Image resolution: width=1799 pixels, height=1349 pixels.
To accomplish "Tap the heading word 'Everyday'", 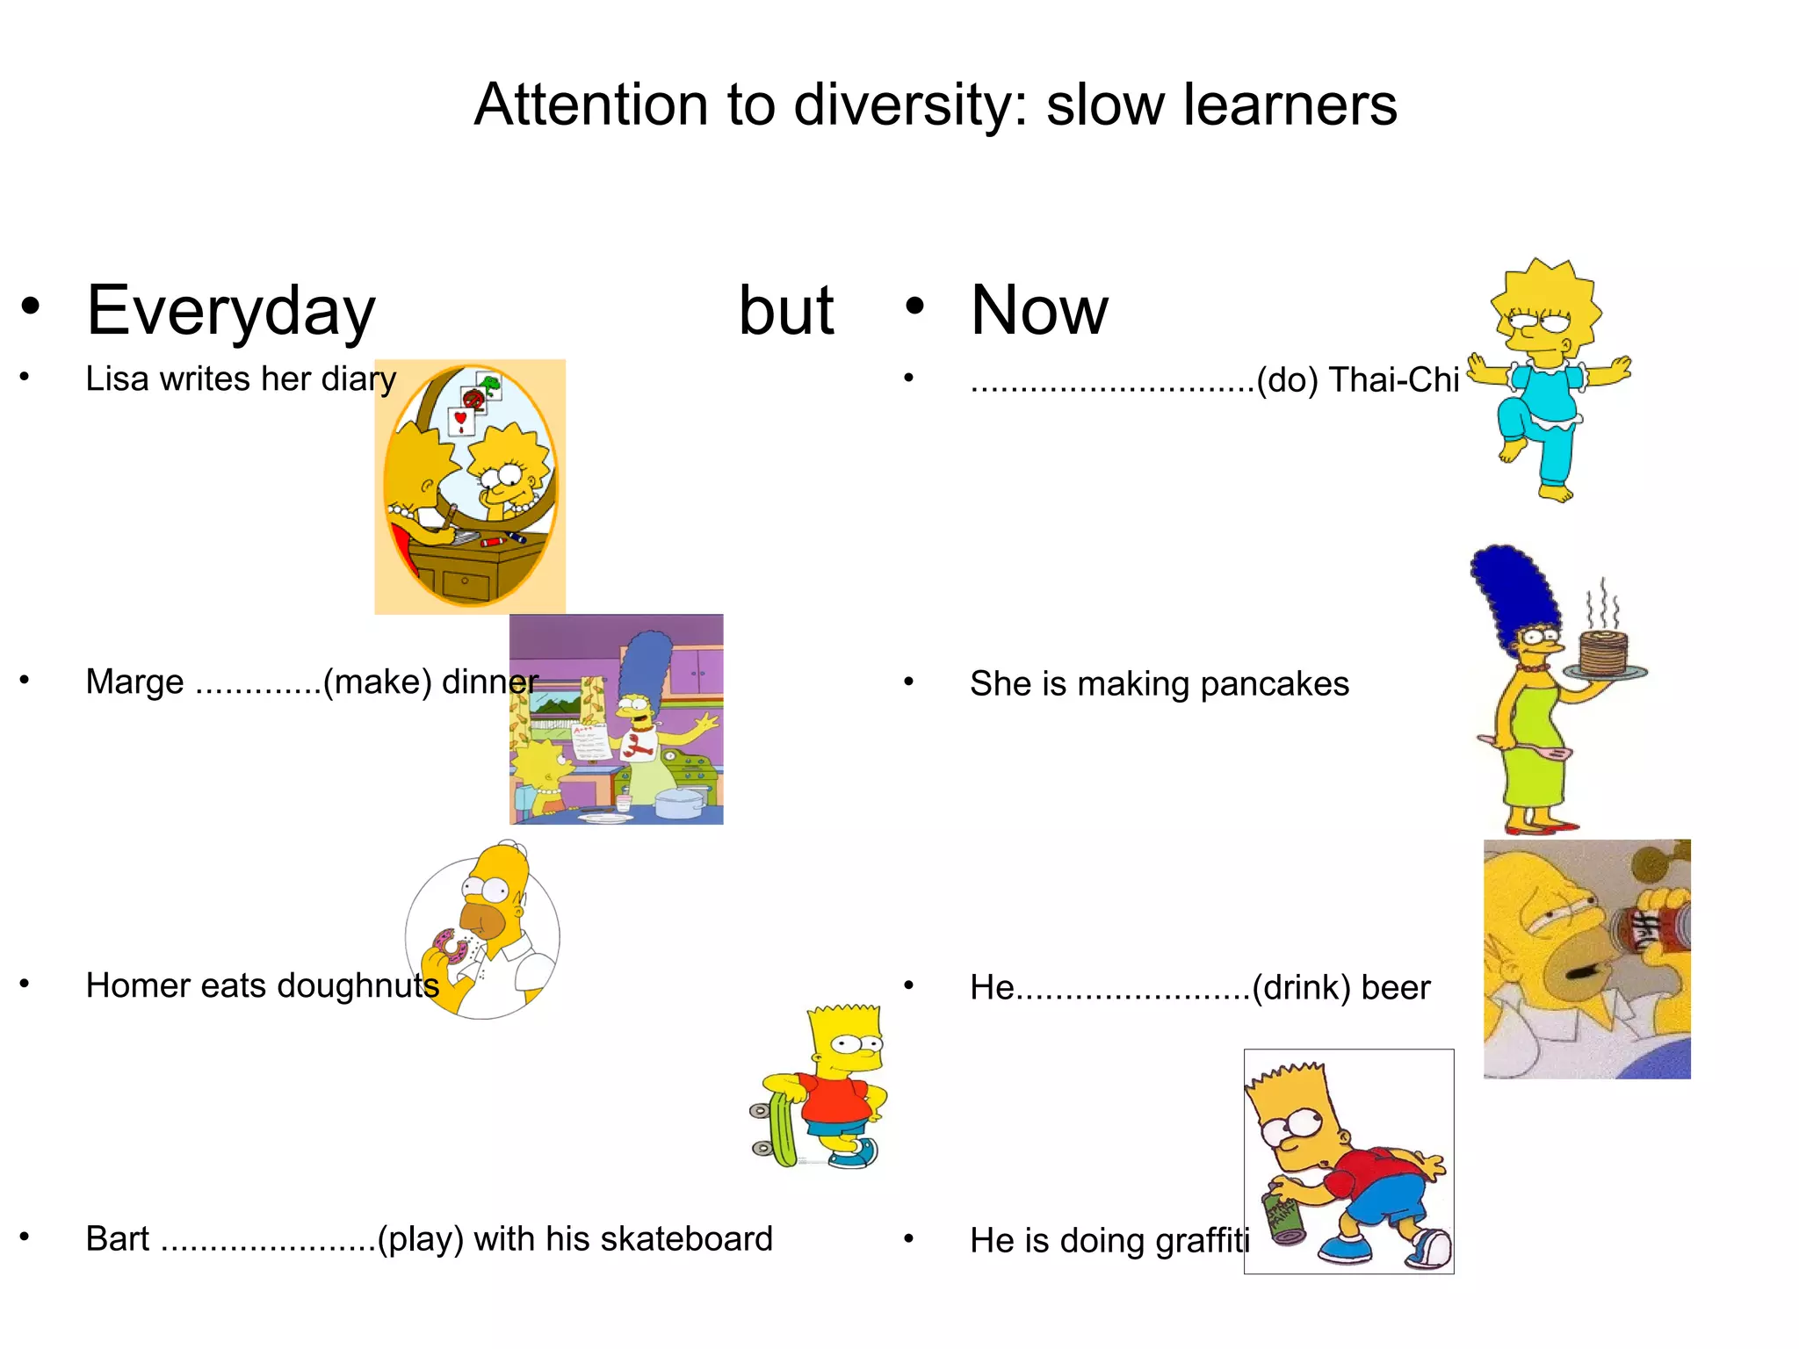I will coord(231,312).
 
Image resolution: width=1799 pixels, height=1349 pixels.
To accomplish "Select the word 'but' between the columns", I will coord(786,310).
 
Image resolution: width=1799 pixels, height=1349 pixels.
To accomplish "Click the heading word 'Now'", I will coord(1039,310).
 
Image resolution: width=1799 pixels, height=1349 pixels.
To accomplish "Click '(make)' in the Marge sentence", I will coord(378,682).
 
